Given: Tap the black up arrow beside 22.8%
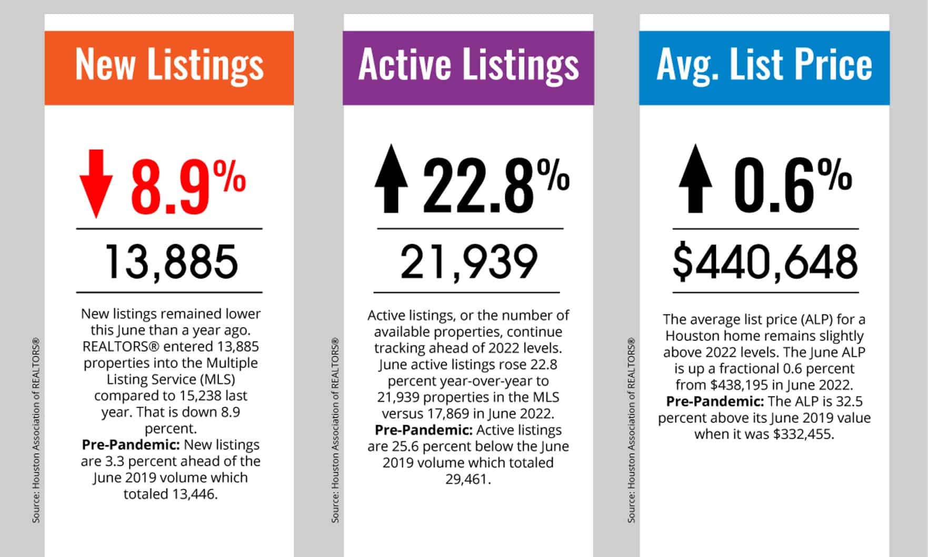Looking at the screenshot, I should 391,179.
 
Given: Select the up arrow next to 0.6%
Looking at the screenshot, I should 695,179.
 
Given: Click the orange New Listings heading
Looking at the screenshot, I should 169,65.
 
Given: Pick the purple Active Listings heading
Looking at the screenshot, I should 468,65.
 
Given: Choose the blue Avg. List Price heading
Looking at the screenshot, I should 764,65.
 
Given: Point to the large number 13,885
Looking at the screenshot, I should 172,262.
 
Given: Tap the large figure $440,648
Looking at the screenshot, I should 765,262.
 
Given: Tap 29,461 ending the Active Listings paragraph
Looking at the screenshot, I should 467,479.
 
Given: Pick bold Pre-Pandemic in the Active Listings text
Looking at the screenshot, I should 423,430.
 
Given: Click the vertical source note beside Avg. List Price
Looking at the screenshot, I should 632,431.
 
